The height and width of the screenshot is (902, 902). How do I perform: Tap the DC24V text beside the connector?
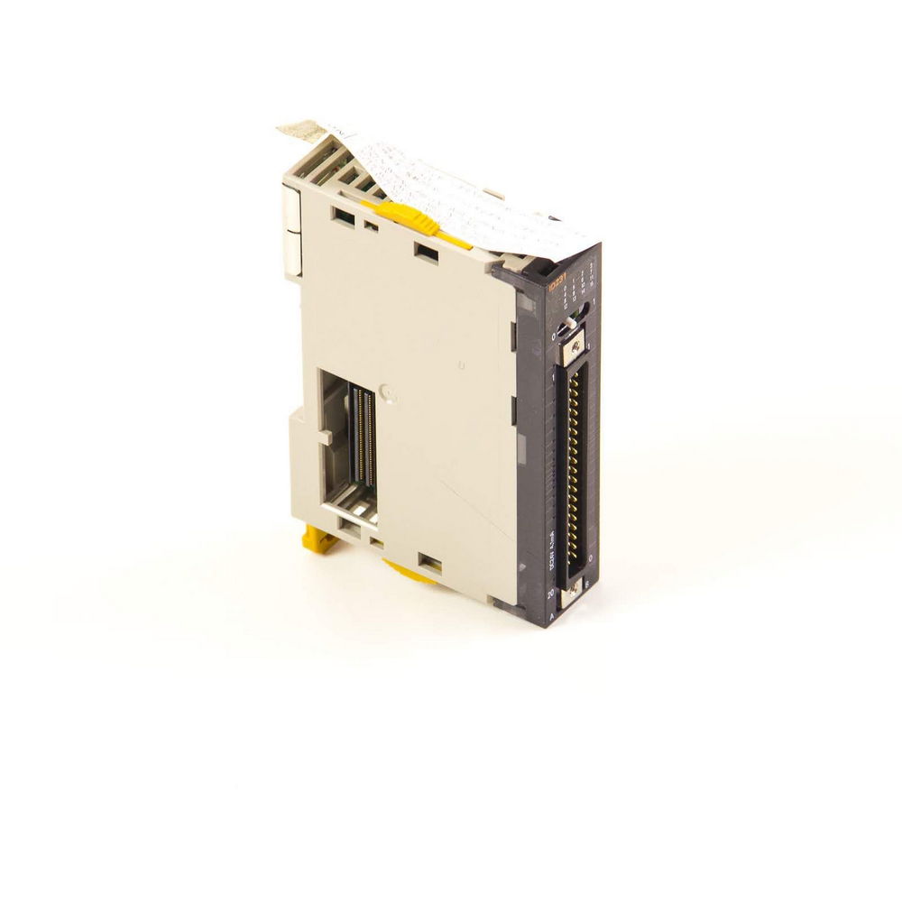(x=553, y=547)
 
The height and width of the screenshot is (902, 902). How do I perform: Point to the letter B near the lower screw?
(x=587, y=584)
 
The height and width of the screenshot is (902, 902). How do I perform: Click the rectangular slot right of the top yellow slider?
(x=426, y=251)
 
